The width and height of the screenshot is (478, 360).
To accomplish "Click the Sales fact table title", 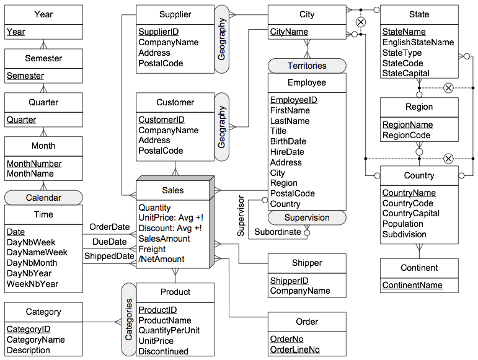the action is tap(173, 190).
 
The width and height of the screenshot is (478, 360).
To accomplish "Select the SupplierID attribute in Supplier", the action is tap(159, 32).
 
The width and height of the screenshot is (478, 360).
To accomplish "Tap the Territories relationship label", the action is tap(307, 66).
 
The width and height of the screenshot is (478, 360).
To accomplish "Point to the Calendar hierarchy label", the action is tap(43, 198).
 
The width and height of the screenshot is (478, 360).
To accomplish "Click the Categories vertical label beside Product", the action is tap(129, 320).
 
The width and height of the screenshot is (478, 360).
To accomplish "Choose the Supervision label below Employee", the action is tap(307, 217).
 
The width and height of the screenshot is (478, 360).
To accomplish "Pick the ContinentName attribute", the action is tap(412, 285).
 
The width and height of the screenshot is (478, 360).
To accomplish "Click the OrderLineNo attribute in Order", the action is tap(294, 349).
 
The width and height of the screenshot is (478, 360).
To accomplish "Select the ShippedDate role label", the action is tap(109, 256).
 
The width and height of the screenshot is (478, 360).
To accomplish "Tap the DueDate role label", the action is tap(110, 242).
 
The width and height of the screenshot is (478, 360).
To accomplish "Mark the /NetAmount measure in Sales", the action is tap(161, 259).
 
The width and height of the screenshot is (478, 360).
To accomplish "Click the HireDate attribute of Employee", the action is tap(287, 152).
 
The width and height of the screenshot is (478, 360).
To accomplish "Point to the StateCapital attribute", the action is tap(405, 73).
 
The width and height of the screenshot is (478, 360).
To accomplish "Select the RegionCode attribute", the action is tap(406, 135).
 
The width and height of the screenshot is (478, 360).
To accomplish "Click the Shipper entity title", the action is tap(307, 263).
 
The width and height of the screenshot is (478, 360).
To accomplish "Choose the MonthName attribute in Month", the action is tap(30, 173).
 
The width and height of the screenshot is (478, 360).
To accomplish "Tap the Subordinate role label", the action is tap(278, 232).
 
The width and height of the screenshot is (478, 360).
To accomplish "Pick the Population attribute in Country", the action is tap(403, 224).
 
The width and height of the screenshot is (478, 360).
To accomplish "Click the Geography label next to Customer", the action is tap(221, 127).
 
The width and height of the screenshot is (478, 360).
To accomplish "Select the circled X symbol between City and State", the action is tap(361, 22).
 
